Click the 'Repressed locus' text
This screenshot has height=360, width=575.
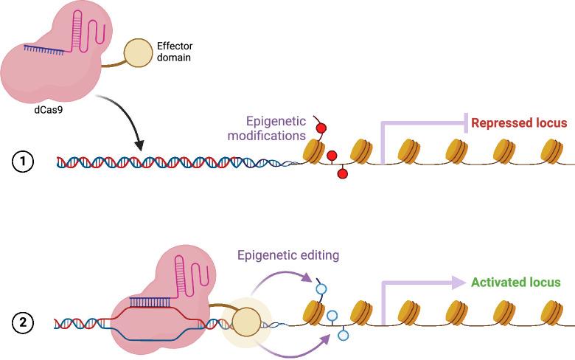519,123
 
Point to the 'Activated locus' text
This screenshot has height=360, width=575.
515,283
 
